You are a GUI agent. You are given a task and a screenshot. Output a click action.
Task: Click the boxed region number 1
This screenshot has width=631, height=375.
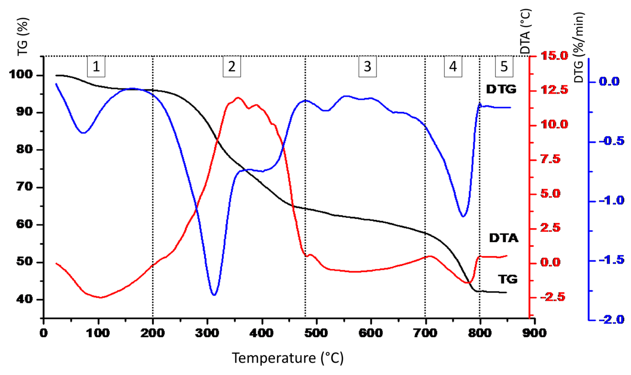pyautogui.click(x=96, y=67)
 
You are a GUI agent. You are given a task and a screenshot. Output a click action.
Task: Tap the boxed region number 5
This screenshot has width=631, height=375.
pyautogui.click(x=504, y=67)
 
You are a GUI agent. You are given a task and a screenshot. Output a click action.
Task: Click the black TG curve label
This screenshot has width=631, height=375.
pyautogui.click(x=507, y=279)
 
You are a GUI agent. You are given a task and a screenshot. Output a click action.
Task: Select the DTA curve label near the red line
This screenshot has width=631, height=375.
pyautogui.click(x=504, y=238)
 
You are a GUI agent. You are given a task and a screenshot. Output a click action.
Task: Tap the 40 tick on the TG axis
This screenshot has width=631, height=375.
pyautogui.click(x=25, y=299)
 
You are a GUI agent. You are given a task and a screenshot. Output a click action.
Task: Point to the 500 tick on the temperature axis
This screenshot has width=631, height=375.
pyautogui.click(x=316, y=333)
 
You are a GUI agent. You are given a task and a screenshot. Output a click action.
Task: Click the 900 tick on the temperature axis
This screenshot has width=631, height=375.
pyautogui.click(x=534, y=333)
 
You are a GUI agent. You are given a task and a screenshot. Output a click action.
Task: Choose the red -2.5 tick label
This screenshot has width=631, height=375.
pyautogui.click(x=553, y=297)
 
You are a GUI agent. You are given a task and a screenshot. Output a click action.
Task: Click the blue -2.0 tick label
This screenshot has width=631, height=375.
pyautogui.click(x=611, y=320)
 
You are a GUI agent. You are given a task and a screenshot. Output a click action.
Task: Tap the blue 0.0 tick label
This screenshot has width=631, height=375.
pyautogui.click(x=609, y=81)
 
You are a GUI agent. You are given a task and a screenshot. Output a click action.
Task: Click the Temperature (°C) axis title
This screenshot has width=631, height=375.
pyautogui.click(x=287, y=358)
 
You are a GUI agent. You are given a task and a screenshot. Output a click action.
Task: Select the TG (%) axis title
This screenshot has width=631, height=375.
pyautogui.click(x=23, y=37)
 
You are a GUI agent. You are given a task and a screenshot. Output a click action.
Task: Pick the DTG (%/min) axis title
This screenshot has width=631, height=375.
pyautogui.click(x=579, y=47)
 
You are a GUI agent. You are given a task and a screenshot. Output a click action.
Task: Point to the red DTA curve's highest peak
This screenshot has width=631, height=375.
pyautogui.click(x=238, y=98)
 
